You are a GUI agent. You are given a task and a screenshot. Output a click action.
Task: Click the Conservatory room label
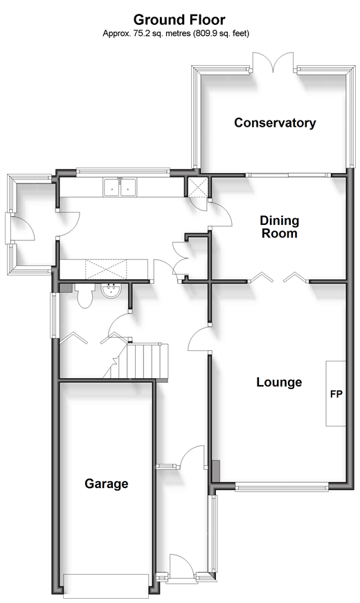275,123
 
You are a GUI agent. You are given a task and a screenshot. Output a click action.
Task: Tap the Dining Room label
280,227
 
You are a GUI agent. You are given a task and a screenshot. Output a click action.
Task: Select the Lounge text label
279,382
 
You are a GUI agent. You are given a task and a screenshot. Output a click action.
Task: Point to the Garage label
107,483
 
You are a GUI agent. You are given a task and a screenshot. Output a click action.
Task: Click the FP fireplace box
336,393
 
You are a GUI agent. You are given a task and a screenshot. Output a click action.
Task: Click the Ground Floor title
179,19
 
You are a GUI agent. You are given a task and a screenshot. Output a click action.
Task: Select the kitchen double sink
120,187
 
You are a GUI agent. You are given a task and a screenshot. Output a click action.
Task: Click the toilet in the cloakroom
85,296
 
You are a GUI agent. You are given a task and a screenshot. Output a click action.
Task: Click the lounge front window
282,487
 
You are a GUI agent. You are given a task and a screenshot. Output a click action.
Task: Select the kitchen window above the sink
123,172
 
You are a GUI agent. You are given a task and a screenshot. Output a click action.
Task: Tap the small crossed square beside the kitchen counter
197,188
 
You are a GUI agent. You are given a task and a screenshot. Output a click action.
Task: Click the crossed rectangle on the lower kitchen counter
106,269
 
